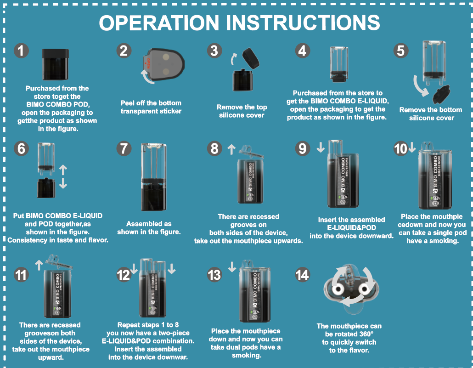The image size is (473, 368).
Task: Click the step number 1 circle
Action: point(21,50)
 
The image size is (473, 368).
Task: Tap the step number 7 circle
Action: point(124,149)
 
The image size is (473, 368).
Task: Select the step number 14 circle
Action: point(302,275)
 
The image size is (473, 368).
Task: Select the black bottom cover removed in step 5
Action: point(439,94)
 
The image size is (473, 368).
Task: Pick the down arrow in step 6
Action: point(63,183)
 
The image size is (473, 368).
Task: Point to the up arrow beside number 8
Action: point(231,148)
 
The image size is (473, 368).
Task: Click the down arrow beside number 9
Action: point(321,148)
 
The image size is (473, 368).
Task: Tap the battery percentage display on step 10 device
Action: point(435,198)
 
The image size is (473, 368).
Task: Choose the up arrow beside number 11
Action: point(39,264)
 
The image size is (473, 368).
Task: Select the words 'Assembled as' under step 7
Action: point(149,224)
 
